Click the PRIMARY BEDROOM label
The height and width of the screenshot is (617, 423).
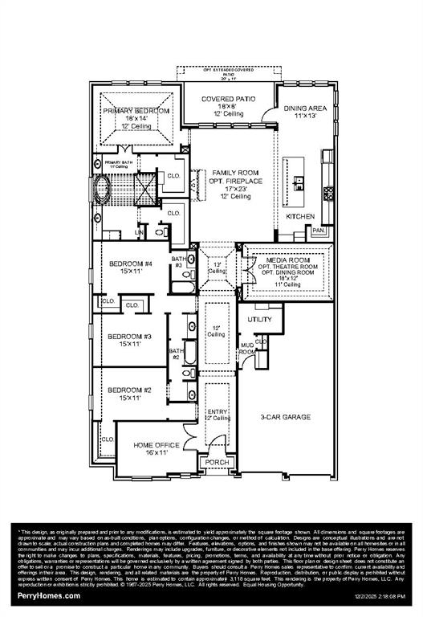pyautogui.click(x=136, y=110)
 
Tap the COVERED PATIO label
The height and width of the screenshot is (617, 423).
pyautogui.click(x=228, y=99)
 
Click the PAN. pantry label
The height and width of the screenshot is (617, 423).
pyautogui.click(x=319, y=230)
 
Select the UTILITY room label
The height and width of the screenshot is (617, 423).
pyautogui.click(x=259, y=319)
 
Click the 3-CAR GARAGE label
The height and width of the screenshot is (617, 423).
pyautogui.click(x=285, y=417)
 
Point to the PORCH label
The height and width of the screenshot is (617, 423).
pyautogui.click(x=218, y=462)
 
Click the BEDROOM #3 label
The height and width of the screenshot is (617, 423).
pyautogui.click(x=130, y=336)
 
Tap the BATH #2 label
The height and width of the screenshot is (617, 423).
pyautogui.click(x=176, y=353)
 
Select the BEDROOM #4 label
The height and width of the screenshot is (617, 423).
pyautogui.click(x=130, y=264)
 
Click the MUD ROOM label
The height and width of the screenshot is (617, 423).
pyautogui.click(x=247, y=349)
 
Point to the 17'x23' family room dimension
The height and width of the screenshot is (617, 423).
pyautogui.click(x=233, y=189)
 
